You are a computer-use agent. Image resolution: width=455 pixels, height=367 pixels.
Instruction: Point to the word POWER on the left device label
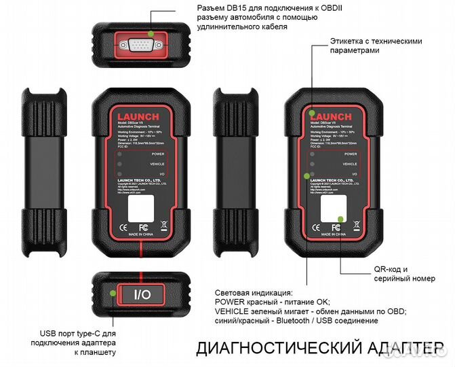tap(158, 154)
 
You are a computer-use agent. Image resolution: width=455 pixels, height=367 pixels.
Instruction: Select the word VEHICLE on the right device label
tap(349, 164)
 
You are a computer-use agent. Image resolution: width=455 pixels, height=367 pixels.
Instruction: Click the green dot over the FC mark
tap(338, 220)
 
